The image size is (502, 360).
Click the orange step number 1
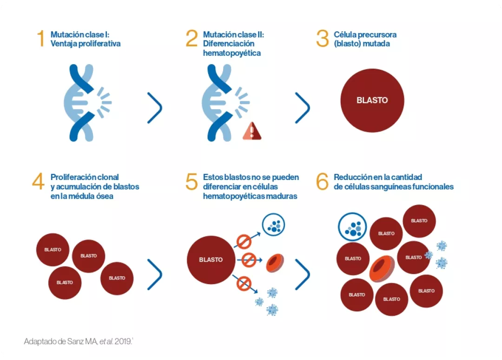(x=41, y=39)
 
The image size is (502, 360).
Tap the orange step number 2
(x=192, y=39)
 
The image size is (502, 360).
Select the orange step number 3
(x=322, y=39)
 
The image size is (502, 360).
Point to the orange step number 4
(x=38, y=182)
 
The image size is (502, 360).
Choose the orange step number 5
(x=192, y=182)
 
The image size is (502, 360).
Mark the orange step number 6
(x=322, y=182)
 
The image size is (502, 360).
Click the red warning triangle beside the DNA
(x=252, y=132)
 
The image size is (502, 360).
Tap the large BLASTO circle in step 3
(x=372, y=100)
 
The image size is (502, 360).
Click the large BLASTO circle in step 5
(x=211, y=260)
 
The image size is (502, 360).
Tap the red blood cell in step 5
(x=275, y=263)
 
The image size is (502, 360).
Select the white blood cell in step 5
(x=273, y=225)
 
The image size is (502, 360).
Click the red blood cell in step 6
(x=382, y=269)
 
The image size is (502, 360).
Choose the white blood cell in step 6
(x=353, y=227)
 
